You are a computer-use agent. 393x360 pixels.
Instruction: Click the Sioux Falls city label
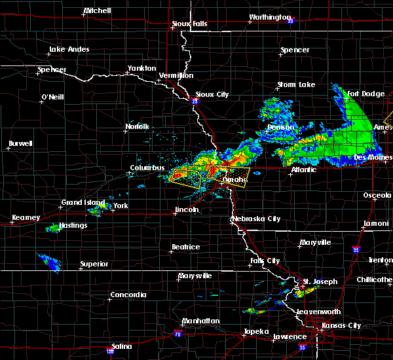189,24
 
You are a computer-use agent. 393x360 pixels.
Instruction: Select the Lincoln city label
186,210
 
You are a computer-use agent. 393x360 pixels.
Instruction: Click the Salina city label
121,346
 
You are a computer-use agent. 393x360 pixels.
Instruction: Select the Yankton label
141,68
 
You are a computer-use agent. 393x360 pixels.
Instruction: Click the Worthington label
269,18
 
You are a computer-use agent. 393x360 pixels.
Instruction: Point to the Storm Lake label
295,84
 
